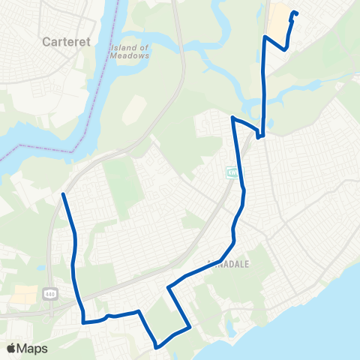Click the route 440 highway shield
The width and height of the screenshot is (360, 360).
tap(50, 291)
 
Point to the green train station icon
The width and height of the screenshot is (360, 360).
tap(232, 174)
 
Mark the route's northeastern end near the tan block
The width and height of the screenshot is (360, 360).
tap(293, 12)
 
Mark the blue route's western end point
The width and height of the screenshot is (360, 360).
tap(62, 194)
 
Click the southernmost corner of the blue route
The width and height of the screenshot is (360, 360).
tap(157, 347)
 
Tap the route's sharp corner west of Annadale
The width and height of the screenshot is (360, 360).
tap(168, 286)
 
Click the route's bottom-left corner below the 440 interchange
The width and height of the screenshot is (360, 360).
tap(84, 322)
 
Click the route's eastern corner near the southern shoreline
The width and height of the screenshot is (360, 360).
tap(190, 327)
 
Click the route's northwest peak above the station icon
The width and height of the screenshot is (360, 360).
tap(233, 118)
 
